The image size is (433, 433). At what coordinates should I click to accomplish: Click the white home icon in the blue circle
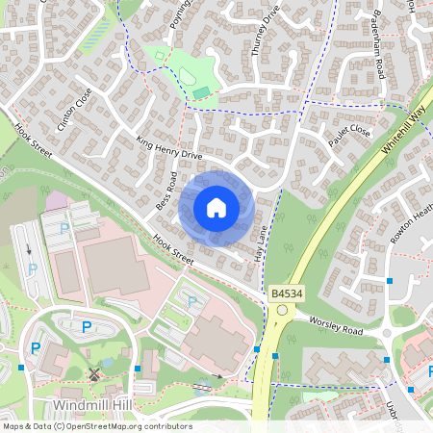pyautogui.click(x=216, y=208)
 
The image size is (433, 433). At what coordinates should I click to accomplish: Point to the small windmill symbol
pyautogui.click(x=94, y=374)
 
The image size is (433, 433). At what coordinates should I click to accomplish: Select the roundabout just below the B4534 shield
pyautogui.click(x=282, y=310)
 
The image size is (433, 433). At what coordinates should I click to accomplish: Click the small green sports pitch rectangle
pyautogui.click(x=201, y=92)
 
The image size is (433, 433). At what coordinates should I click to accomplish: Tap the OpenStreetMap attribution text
pyautogui.click(x=96, y=426)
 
